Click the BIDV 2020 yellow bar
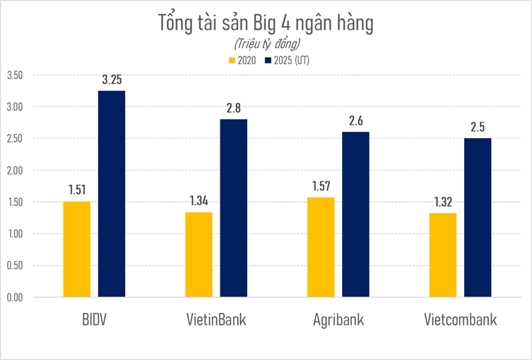(76, 249)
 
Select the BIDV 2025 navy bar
(111, 194)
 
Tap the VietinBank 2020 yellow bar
(199, 255)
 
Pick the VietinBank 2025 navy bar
(233, 208)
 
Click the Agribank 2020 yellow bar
(321, 247)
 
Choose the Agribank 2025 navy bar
(355, 215)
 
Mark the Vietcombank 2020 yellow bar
(443, 256)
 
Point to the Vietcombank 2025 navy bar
(478, 217)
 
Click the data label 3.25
(112, 80)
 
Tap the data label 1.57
(321, 186)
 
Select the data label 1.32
(443, 202)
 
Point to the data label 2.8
(234, 108)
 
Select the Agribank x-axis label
(338, 320)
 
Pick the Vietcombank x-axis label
(460, 320)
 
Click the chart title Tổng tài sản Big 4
(265, 23)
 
